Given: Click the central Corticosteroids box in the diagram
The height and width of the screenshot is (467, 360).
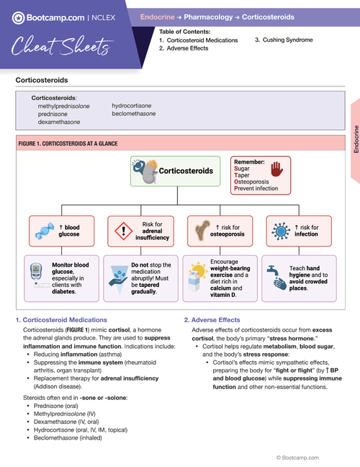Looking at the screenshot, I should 176,172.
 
